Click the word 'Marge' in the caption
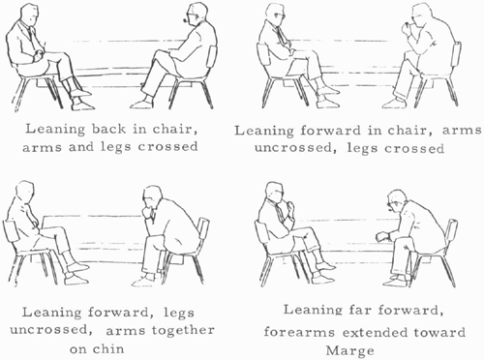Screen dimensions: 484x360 [349, 350]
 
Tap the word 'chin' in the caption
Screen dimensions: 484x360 [109, 348]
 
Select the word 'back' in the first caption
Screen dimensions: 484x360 [108, 129]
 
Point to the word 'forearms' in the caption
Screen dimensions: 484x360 [299, 332]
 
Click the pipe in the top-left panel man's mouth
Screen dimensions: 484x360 [186, 20]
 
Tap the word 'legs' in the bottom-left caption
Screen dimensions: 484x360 [179, 313]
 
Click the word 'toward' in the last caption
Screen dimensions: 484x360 [442, 332]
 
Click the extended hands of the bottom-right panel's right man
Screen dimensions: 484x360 [383, 236]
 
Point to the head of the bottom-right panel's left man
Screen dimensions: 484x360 [275, 193]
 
